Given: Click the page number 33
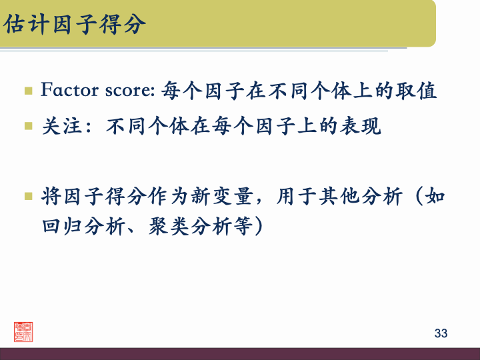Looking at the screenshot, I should [441, 333].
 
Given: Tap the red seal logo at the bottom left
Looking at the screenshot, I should [24, 331].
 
